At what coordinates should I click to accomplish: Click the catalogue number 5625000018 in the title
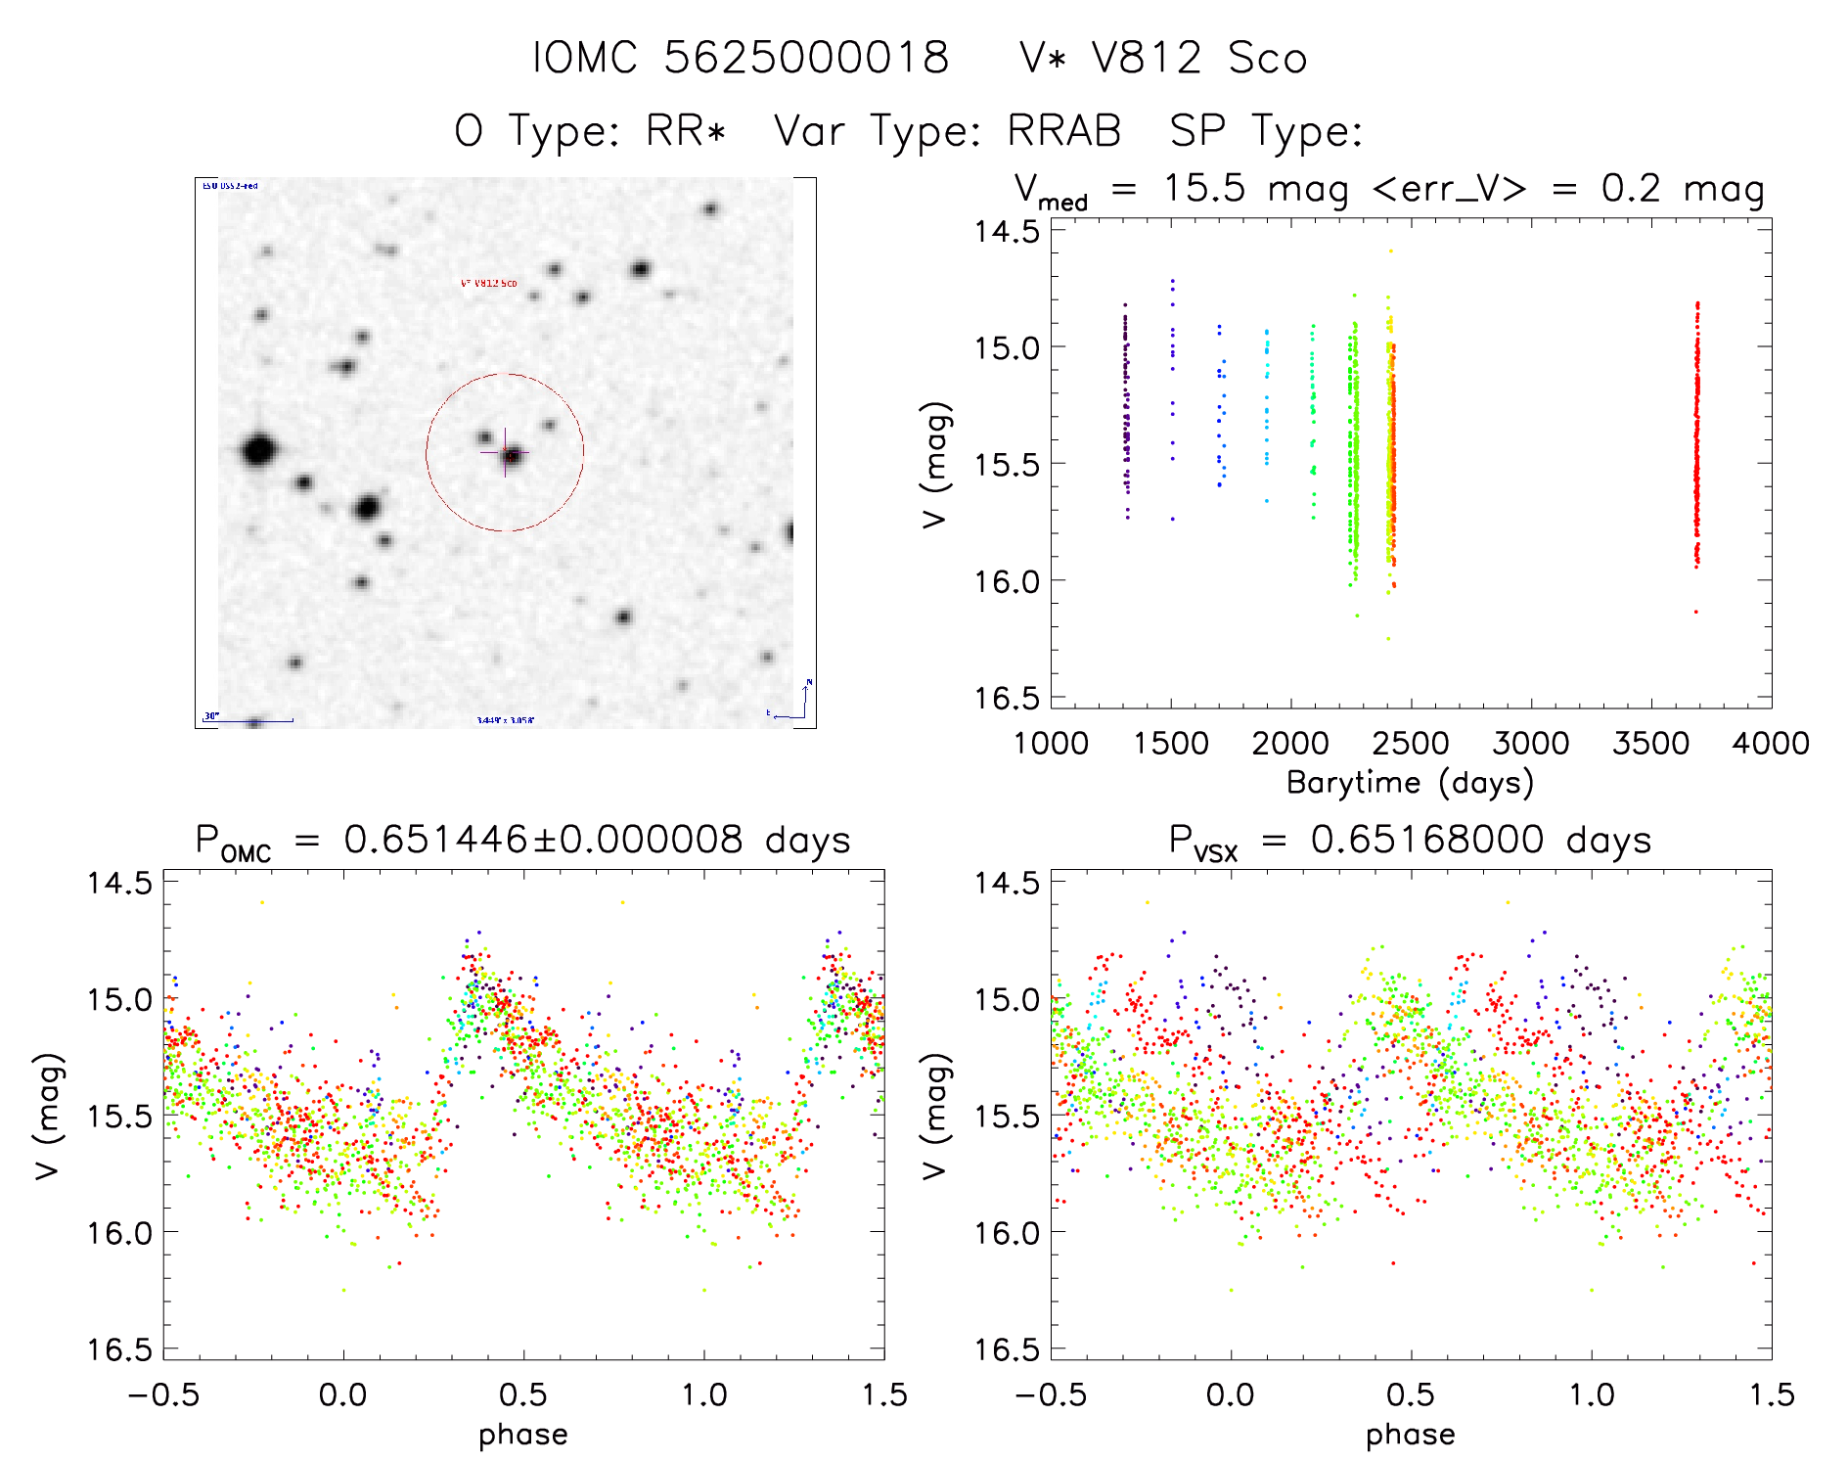tap(806, 58)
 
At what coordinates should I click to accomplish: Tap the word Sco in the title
tap(1268, 58)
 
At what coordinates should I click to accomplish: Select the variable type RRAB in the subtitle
tap(1064, 131)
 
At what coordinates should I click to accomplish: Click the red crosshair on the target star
tap(506, 452)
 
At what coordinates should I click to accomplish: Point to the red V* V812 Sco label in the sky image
tap(489, 284)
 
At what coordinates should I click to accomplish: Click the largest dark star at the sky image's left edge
tap(258, 451)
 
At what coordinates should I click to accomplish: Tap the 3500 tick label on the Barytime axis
tap(1650, 744)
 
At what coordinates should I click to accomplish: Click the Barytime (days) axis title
tap(1410, 783)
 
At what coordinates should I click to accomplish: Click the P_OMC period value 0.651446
tap(435, 840)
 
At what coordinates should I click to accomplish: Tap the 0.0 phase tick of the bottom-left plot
tap(343, 1394)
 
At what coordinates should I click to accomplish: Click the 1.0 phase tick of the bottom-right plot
tap(1592, 1394)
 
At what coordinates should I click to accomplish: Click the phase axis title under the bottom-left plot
tap(523, 1435)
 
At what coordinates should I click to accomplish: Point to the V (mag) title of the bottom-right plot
tap(935, 1116)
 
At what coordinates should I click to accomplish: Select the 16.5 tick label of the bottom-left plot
tap(119, 1349)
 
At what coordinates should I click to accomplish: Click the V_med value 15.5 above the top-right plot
tap(1204, 189)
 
